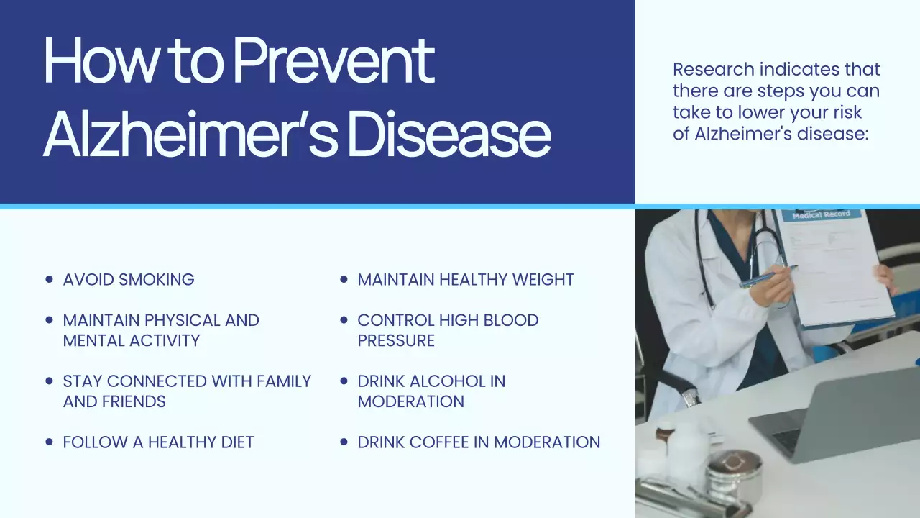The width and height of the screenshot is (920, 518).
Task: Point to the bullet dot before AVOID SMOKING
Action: click(x=49, y=279)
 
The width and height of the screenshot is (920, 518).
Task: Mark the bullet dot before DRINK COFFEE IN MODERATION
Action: click(x=344, y=442)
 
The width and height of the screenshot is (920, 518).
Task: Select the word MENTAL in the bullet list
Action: click(x=91, y=340)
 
